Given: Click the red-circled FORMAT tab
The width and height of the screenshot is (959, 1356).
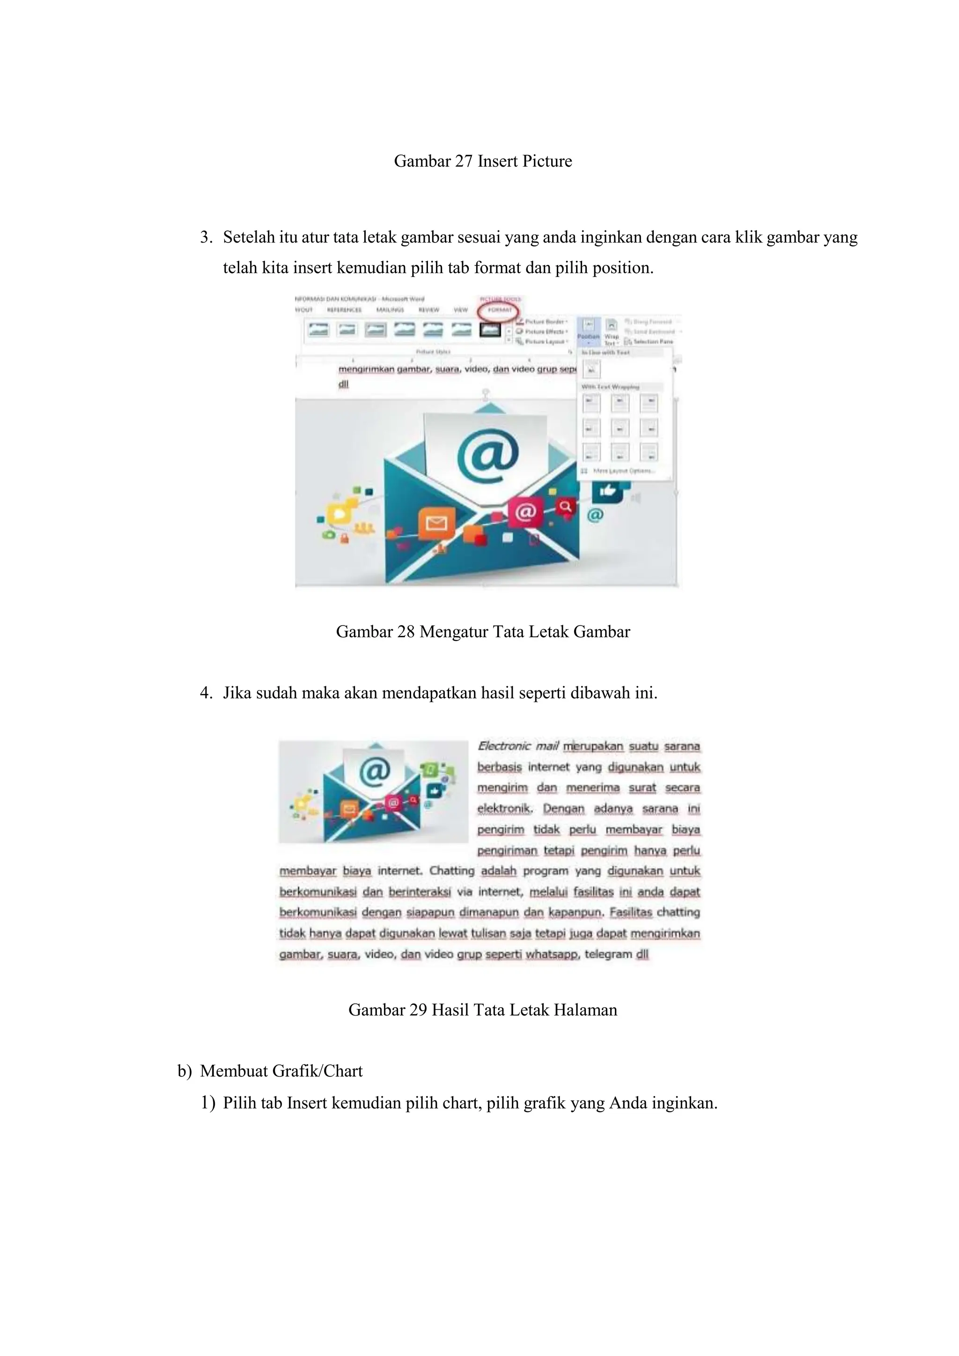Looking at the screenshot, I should click(x=500, y=310).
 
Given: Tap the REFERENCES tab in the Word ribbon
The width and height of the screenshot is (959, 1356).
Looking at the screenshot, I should click(x=344, y=310).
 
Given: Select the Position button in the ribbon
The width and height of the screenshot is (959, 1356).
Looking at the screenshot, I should click(x=588, y=331).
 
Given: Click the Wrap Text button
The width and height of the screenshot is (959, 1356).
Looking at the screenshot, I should click(x=611, y=332).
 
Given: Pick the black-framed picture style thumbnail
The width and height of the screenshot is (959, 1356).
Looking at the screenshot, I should click(x=490, y=330).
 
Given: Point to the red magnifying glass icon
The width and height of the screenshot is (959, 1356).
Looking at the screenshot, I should click(x=565, y=506).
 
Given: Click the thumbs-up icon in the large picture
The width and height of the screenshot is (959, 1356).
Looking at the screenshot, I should click(x=607, y=490).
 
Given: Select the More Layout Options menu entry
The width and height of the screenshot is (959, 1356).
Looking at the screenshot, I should click(x=623, y=471).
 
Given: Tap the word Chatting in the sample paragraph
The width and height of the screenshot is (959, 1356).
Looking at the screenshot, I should click(x=452, y=870).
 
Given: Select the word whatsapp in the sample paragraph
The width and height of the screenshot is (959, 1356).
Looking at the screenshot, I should click(x=552, y=954).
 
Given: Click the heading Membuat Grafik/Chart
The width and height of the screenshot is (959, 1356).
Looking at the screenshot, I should click(x=281, y=1071).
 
